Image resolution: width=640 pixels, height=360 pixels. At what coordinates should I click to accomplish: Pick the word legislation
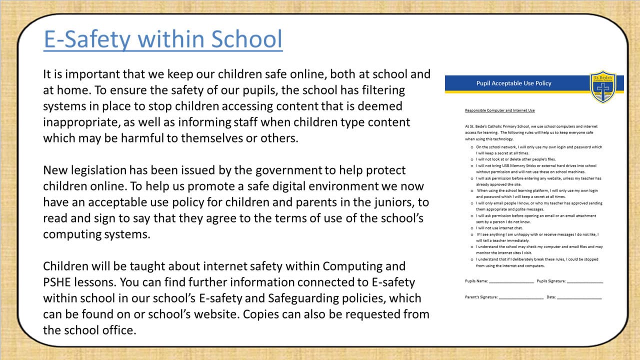103,170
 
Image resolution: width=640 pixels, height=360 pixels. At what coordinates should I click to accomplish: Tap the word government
287,170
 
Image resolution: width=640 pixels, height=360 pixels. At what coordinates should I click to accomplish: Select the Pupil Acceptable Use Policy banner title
513,83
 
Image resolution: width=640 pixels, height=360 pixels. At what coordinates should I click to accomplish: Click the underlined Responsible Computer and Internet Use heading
499,110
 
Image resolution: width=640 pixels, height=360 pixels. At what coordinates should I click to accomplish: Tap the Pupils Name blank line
511,281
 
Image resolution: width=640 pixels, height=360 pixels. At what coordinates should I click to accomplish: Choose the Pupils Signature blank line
585,281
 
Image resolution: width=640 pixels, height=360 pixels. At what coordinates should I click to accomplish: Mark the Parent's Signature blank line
520,297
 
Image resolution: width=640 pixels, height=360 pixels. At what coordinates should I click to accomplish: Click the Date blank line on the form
579,297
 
